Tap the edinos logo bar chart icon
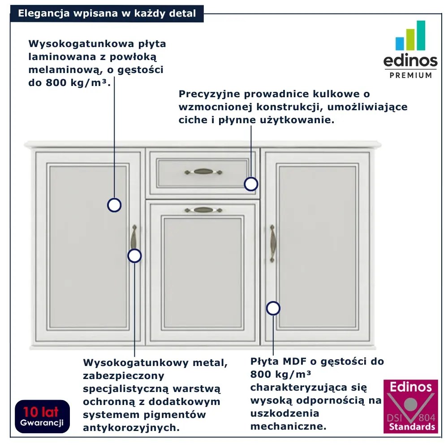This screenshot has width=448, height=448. pyautogui.click(x=410, y=36)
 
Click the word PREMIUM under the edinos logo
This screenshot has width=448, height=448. pyautogui.click(x=410, y=75)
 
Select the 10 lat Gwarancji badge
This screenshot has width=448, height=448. pyautogui.click(x=41, y=416)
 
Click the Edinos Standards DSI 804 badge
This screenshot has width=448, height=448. pyautogui.click(x=410, y=406)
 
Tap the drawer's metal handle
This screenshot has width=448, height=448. pyautogui.click(x=203, y=172)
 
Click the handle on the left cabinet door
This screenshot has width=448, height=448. pyautogui.click(x=133, y=237)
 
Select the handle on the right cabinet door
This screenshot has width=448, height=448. pyautogui.click(x=272, y=243)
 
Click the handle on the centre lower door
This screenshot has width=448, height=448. pyautogui.click(x=203, y=210)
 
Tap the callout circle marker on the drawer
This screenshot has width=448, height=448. pyautogui.click(x=251, y=184)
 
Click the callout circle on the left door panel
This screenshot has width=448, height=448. pyautogui.click(x=114, y=205)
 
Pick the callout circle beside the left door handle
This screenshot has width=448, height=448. pyautogui.click(x=134, y=256)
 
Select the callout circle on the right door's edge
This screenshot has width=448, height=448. pyautogui.click(x=273, y=308)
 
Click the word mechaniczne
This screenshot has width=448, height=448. pyautogui.click(x=288, y=426)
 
